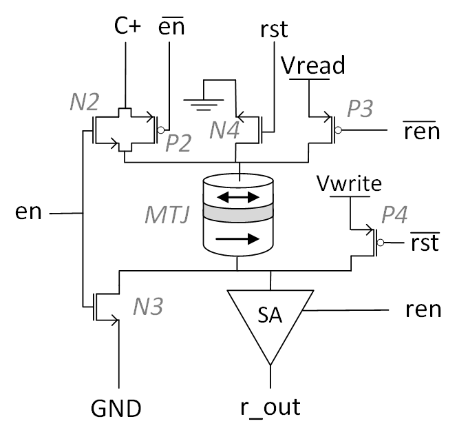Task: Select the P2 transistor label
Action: pyautogui.click(x=178, y=143)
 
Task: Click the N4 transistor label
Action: pyautogui.click(x=224, y=131)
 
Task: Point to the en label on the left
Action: pyautogui.click(x=29, y=212)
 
